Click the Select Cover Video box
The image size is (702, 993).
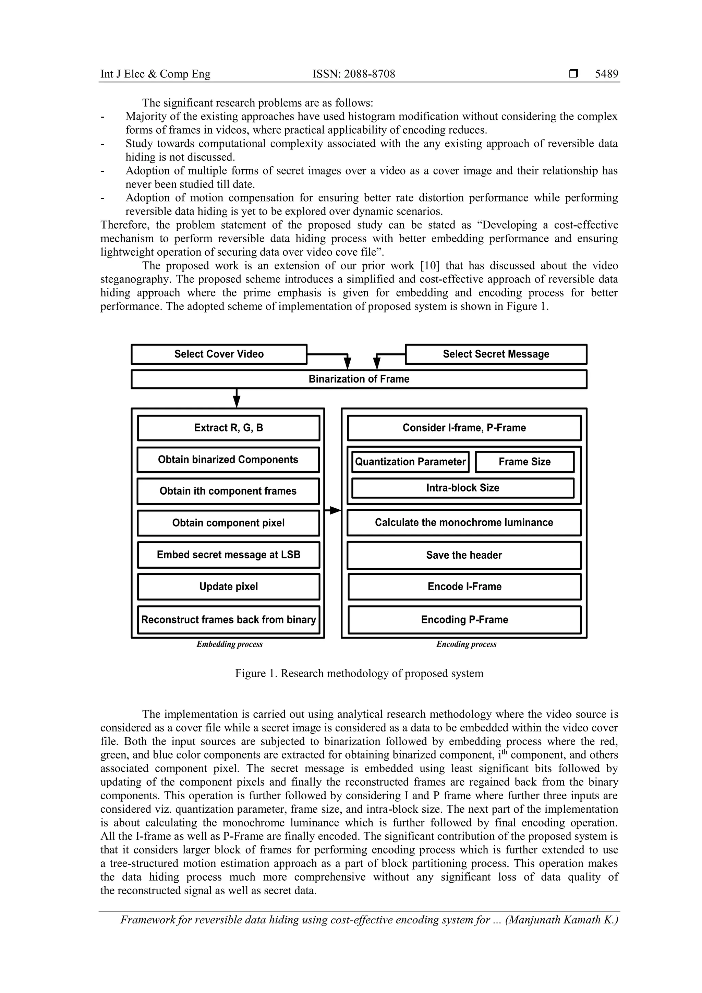(219, 354)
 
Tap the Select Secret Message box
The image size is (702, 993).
(496, 354)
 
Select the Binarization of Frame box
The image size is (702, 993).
(359, 379)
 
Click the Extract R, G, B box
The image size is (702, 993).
(228, 428)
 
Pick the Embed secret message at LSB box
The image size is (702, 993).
(228, 555)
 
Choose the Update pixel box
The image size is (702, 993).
(228, 587)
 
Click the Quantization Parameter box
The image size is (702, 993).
(410, 462)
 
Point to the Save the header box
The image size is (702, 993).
(464, 555)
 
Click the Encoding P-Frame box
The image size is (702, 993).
(464, 620)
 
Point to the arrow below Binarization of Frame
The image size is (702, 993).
(237, 398)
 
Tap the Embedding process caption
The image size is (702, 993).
(229, 644)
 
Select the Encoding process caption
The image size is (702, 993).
(466, 644)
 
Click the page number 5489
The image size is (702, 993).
(606, 74)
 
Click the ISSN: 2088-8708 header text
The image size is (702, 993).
(353, 74)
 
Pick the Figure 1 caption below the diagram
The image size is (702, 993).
(359, 674)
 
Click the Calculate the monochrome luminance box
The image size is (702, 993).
(464, 522)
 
